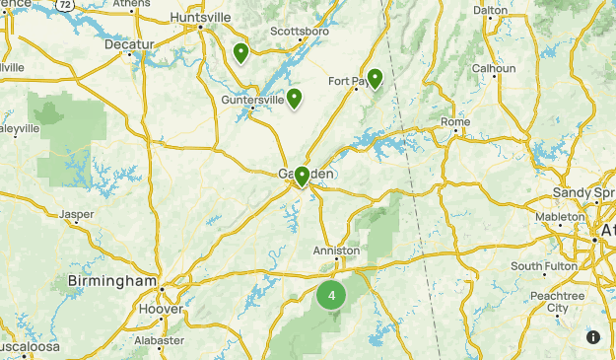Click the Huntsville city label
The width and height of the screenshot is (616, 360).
click(200, 18)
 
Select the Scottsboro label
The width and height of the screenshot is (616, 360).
click(299, 44)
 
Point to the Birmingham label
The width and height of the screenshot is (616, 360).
click(112, 281)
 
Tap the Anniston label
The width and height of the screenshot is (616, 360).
click(336, 251)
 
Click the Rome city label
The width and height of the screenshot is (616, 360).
click(455, 121)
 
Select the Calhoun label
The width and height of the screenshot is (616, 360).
click(494, 68)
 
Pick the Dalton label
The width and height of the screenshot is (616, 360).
click(490, 10)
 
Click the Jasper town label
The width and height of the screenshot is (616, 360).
click(76, 213)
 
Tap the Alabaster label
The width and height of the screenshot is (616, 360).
click(159, 340)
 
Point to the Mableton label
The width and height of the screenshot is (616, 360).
click(560, 217)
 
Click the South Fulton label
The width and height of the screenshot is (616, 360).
click(540, 266)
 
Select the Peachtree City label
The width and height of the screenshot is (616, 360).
click(557, 301)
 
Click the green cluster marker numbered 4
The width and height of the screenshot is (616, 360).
click(332, 295)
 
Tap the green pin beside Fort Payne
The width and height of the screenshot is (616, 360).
click(376, 79)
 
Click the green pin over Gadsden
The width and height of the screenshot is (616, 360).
click(302, 176)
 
